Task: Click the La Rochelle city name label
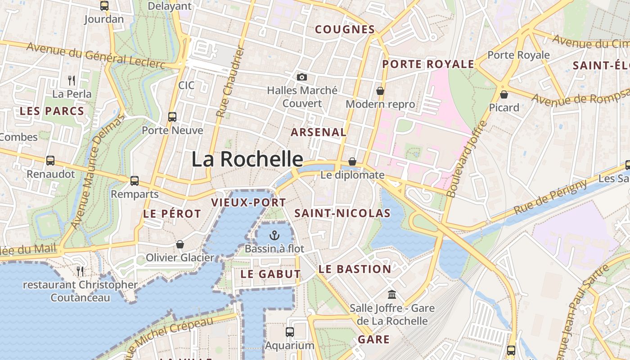[247, 159]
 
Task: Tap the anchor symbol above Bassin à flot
[274, 235]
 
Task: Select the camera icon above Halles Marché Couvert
[302, 77]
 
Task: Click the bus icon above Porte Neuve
[172, 117]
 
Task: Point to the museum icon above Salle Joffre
[392, 295]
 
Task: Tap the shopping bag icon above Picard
[504, 94]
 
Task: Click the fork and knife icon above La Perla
[72, 81]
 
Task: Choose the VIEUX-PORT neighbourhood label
[249, 202]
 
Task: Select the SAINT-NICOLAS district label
[342, 213]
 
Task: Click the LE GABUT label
[270, 274]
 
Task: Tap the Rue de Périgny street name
[550, 197]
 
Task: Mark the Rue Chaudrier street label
[230, 82]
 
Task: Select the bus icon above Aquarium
[290, 332]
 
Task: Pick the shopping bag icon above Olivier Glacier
[180, 244]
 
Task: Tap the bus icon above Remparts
[135, 181]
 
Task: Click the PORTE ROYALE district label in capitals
[428, 64]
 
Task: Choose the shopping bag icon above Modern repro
[380, 91]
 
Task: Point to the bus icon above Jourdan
[104, 6]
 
